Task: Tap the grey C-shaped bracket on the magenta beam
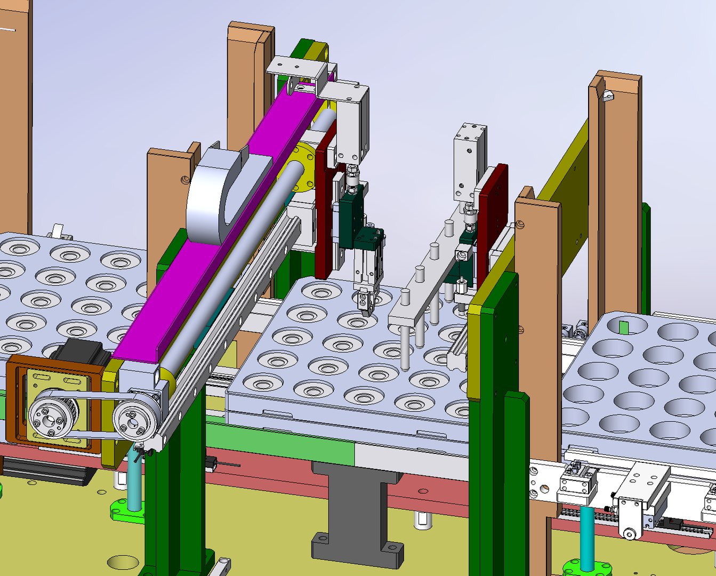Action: coord(213,197)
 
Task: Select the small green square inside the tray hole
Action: coord(624,326)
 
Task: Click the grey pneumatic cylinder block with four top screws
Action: coord(470,160)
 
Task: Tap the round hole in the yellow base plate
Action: coord(122,562)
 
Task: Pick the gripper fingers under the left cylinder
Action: coord(365,304)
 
